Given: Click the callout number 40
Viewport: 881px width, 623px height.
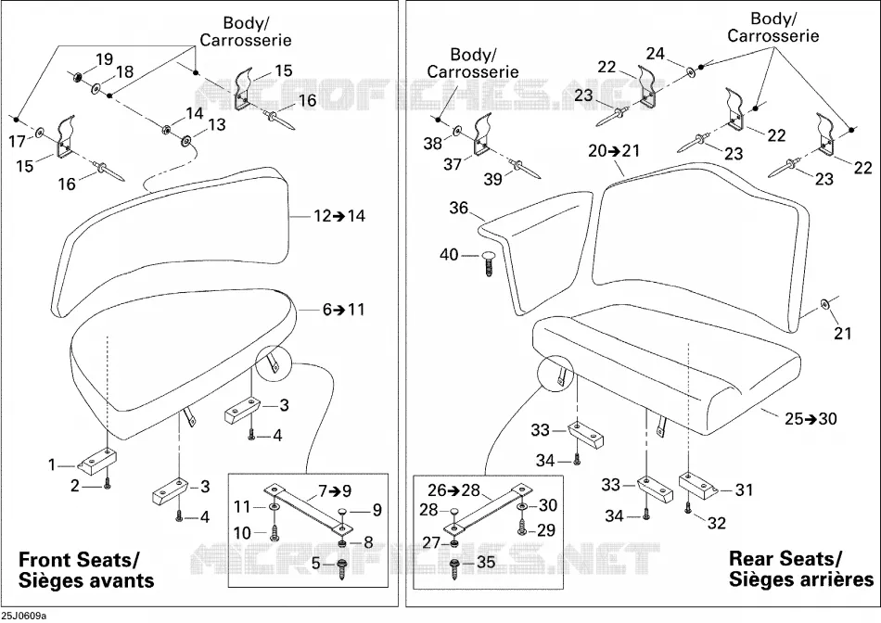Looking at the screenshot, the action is click(449, 255).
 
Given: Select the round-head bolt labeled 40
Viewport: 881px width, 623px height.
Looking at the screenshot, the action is click(488, 263).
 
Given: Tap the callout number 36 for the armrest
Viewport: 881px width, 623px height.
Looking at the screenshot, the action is click(458, 208).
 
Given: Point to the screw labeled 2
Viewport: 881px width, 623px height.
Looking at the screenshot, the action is click(108, 483).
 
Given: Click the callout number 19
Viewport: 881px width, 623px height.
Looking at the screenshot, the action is click(105, 59).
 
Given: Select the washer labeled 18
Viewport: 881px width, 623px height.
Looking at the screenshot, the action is click(97, 88).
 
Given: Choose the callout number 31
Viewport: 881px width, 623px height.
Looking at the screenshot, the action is click(744, 489).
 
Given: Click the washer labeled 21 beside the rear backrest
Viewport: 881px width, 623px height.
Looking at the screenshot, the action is click(824, 304).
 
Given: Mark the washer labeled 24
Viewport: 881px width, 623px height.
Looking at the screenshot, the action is click(690, 71).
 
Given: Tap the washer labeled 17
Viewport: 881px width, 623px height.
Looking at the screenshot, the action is click(39, 133).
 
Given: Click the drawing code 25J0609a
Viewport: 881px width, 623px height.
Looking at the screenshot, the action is click(23, 617).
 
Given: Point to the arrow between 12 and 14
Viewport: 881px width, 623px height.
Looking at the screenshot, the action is click(338, 216).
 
